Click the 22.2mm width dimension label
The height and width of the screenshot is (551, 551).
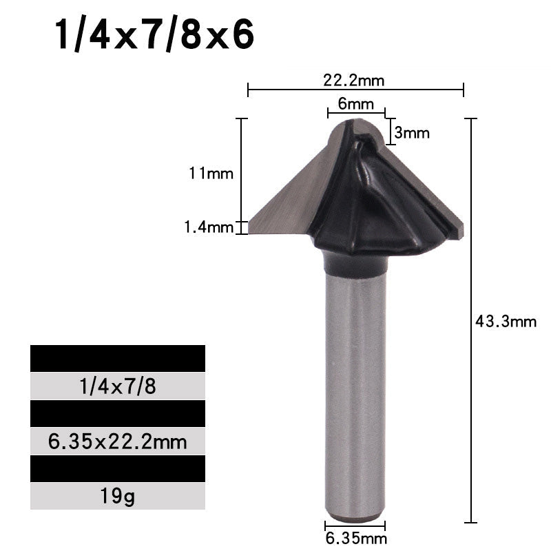point(354,80)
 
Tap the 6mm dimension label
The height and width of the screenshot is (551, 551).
point(355,105)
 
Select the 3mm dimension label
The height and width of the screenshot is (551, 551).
point(413,132)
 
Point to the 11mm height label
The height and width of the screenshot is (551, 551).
point(211,174)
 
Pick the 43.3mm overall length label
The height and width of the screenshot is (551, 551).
point(506,321)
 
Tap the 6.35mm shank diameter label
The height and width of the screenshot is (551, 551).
point(355,538)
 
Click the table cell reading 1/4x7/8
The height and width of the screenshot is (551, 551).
point(118,386)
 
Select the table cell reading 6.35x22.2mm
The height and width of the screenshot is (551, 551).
point(118,441)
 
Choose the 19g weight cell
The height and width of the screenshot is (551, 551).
point(118,495)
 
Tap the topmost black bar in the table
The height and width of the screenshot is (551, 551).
point(118,359)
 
